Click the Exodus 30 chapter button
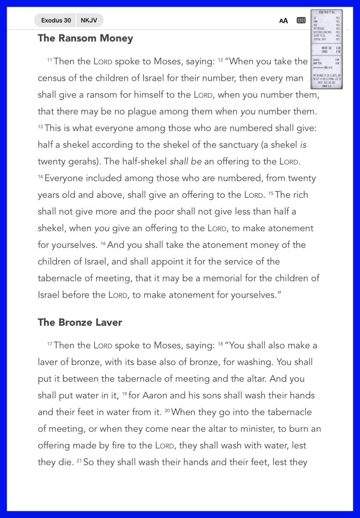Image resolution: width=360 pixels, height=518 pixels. (56, 20)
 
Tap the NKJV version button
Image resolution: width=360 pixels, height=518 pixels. (92, 20)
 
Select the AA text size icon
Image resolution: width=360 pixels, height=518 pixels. (284, 21)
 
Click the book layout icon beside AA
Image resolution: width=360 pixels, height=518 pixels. (301, 21)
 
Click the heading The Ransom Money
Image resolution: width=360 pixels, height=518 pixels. (85, 38)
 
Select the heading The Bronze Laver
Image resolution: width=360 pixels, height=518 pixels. (80, 322)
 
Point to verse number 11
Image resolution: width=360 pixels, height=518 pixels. (50, 60)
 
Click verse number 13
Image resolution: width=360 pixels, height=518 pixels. (40, 127)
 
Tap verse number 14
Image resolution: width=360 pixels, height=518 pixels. (40, 177)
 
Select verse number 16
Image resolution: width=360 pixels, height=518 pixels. (103, 244)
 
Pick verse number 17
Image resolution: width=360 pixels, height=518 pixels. (50, 344)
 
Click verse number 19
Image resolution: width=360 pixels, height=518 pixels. (124, 394)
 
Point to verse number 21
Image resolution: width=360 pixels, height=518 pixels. (79, 461)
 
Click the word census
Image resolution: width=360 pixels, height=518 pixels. (53, 78)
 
